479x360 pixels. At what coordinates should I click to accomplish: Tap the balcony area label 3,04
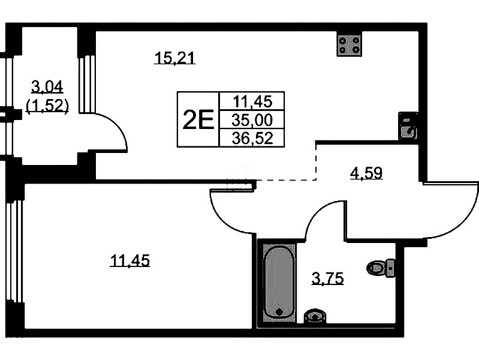[47, 88]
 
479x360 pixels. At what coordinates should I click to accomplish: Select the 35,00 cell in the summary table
[252, 121]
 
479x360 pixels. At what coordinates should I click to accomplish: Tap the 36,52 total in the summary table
[252, 139]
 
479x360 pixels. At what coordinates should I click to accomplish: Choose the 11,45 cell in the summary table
[252, 101]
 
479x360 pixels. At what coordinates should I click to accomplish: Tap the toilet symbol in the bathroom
[381, 267]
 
